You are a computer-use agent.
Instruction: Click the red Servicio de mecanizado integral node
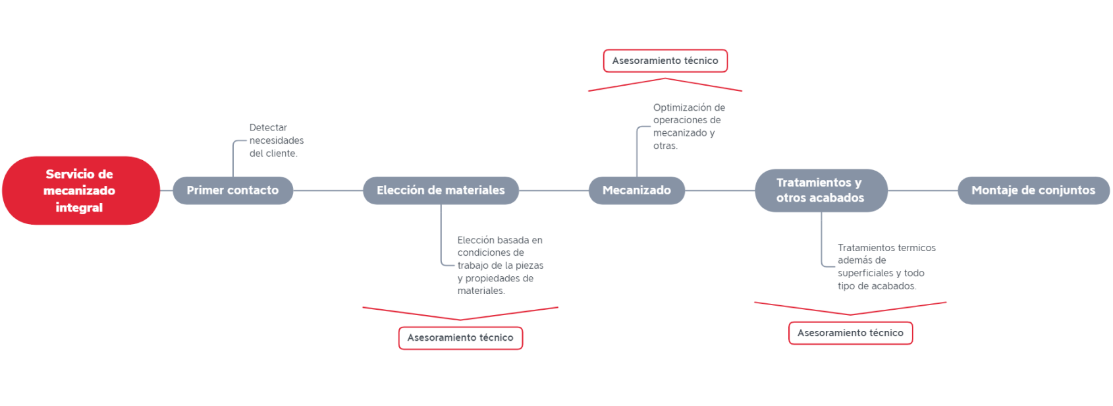pos(81,190)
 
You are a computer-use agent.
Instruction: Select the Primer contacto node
pos(233,190)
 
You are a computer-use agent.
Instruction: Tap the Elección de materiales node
pos(441,190)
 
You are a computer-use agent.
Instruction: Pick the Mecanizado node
pos(637,190)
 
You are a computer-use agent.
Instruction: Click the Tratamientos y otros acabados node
pos(821,190)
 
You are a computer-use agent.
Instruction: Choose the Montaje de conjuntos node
pos(1033,190)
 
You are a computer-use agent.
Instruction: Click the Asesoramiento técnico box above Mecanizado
pos(665,61)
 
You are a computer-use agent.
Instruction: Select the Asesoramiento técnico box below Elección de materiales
pos(460,338)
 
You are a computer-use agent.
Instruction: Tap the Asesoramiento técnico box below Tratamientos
pos(851,333)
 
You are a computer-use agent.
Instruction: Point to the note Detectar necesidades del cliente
pos(276,140)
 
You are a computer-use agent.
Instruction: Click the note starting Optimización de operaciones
pos(689,127)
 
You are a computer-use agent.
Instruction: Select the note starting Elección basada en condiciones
pos(501,265)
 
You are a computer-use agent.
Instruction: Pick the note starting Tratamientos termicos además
pos(886,267)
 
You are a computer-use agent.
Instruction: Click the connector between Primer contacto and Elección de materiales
pos(328,190)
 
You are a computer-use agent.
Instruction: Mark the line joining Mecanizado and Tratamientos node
pos(720,190)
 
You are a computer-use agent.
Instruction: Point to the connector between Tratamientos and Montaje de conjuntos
pos(923,190)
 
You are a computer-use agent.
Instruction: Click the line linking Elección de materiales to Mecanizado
pos(553,190)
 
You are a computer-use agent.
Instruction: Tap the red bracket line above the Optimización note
pos(665,78)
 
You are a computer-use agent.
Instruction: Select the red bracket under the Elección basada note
pos(460,320)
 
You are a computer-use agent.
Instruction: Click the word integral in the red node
pos(79,208)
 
